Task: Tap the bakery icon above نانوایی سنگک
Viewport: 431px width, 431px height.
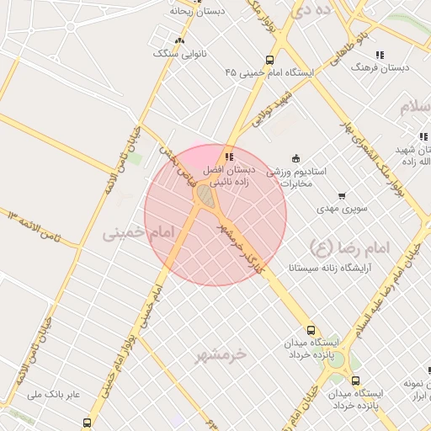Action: (178, 40)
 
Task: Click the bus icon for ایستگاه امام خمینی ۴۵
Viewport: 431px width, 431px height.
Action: (269, 60)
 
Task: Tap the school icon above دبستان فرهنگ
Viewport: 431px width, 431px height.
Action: (379, 55)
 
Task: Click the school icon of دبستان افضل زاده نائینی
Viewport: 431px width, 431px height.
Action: (229, 157)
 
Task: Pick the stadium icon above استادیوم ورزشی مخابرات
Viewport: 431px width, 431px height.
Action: (295, 157)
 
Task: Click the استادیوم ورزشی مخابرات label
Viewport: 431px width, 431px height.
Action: (296, 177)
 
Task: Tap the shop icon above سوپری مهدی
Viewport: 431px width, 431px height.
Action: (341, 196)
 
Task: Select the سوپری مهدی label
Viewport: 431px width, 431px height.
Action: (338, 208)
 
